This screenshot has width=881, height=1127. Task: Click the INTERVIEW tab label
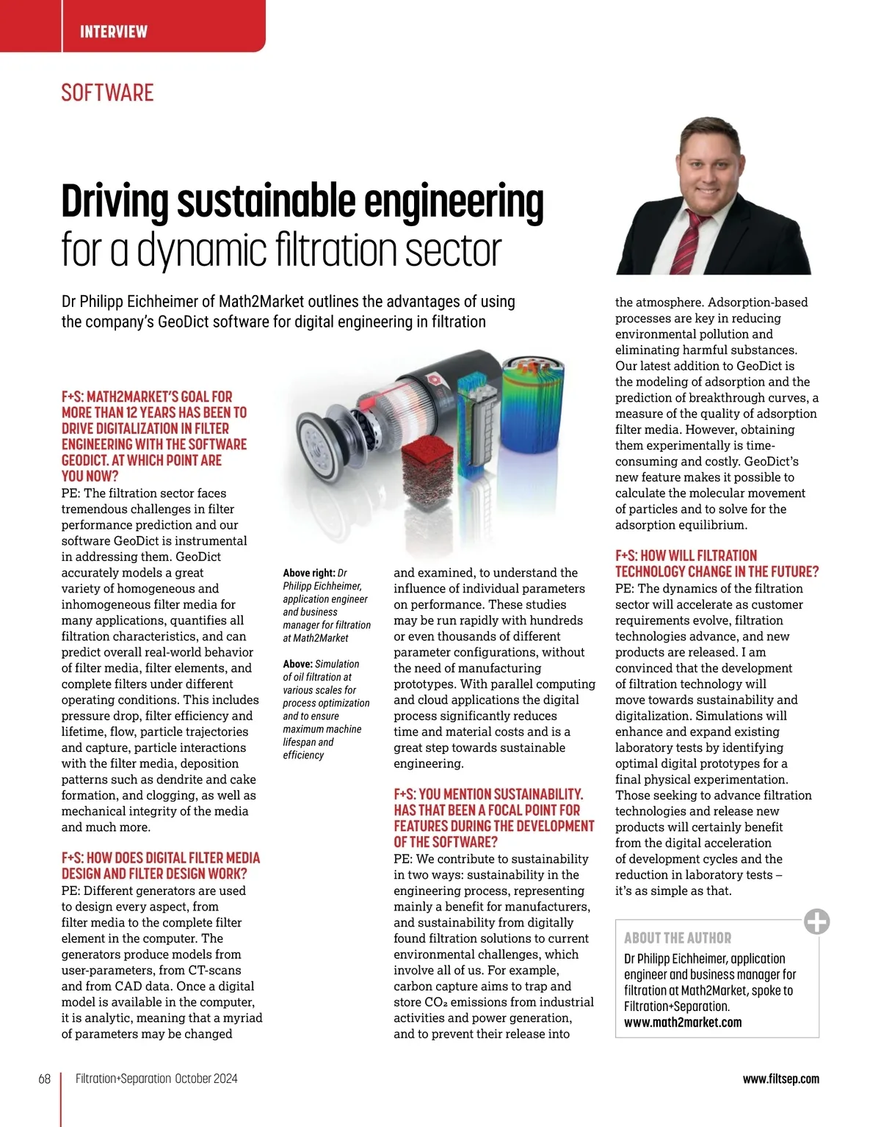113,32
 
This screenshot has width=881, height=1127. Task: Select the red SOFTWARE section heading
107,93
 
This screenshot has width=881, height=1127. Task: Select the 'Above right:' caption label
309,573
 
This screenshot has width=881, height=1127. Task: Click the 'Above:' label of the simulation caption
297,664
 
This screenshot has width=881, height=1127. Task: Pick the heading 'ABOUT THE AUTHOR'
678,938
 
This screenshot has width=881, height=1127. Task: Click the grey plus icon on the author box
816,921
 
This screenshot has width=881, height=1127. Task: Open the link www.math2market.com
683,1022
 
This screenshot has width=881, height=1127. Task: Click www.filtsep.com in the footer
780,1079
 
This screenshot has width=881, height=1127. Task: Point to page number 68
45,1079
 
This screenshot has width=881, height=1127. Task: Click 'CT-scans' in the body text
214,970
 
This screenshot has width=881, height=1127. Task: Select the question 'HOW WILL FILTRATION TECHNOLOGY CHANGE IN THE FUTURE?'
716,564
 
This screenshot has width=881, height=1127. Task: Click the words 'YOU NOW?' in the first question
90,476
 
